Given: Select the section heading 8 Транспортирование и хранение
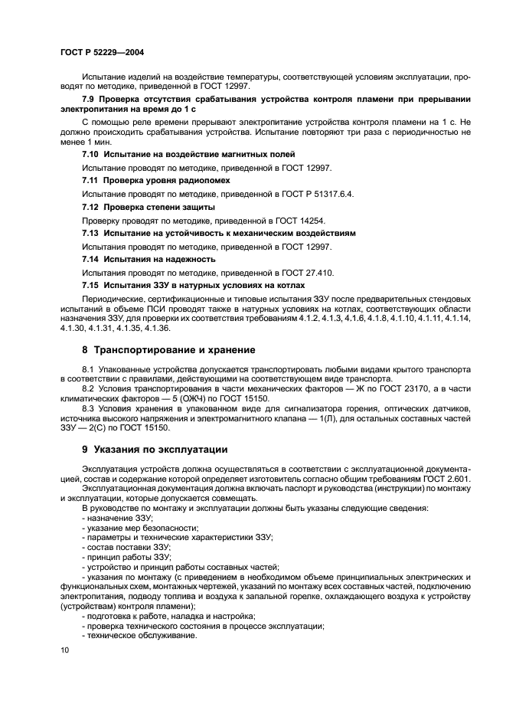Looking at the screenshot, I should [x=168, y=350].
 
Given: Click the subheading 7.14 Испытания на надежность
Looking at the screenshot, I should [x=149, y=259].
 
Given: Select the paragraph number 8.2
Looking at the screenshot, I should [x=89, y=388].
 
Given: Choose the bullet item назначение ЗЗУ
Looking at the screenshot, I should [x=116, y=519].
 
